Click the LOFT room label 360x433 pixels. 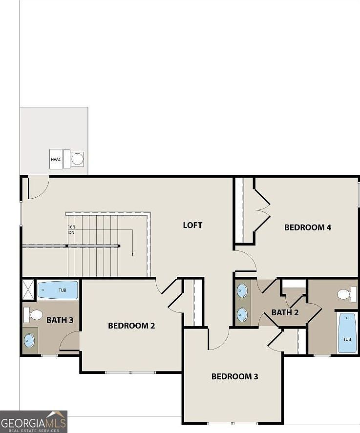point(192,225)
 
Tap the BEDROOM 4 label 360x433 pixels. point(308,227)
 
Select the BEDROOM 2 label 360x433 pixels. point(131,326)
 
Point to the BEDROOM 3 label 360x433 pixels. point(234,376)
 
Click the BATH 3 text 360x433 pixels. point(60,321)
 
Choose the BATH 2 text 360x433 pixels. point(285,312)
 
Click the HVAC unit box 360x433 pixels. point(56,159)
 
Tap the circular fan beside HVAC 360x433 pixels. point(77,159)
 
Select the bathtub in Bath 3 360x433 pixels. point(58,290)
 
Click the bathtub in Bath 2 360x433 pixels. point(347,333)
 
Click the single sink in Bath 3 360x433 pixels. point(29,340)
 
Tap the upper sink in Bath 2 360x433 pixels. point(242,291)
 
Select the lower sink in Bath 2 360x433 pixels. point(242,314)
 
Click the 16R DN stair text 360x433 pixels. point(71,230)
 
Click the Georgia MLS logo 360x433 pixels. point(33,421)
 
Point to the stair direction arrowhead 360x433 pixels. point(132,255)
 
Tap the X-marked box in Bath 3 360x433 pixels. point(28,289)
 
